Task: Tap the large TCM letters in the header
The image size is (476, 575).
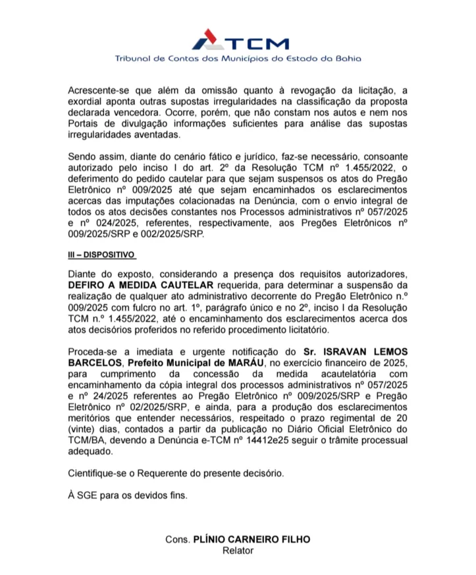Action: click(259, 44)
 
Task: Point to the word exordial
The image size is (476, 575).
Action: click(88, 102)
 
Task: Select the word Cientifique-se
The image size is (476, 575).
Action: click(101, 474)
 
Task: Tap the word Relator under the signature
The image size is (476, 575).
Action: click(238, 550)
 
